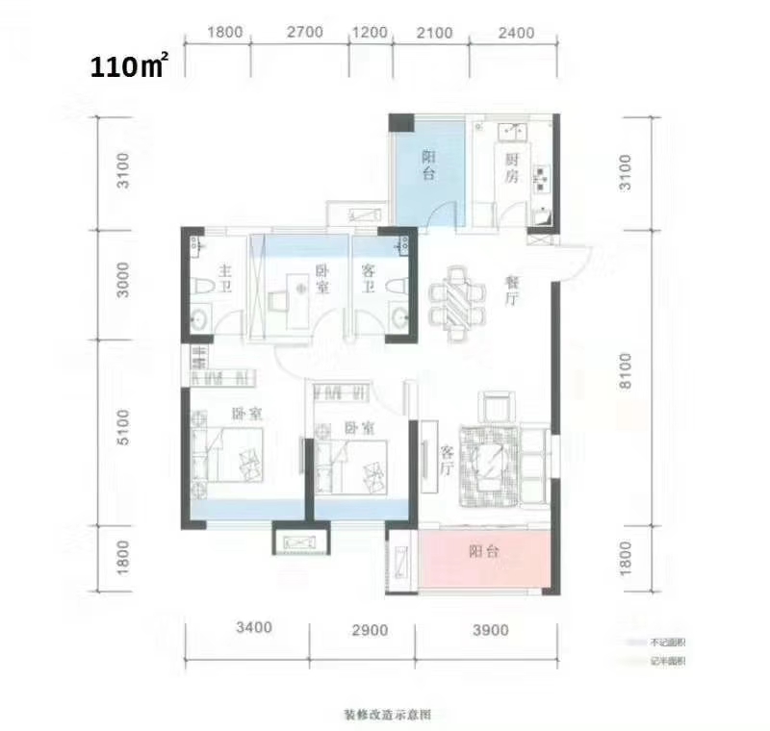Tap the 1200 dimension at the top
click(x=370, y=33)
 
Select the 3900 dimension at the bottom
click(x=482, y=631)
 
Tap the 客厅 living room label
click(x=447, y=461)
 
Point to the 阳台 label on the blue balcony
click(x=429, y=166)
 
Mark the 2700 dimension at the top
click(x=304, y=33)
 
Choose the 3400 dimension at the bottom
click(x=252, y=631)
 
